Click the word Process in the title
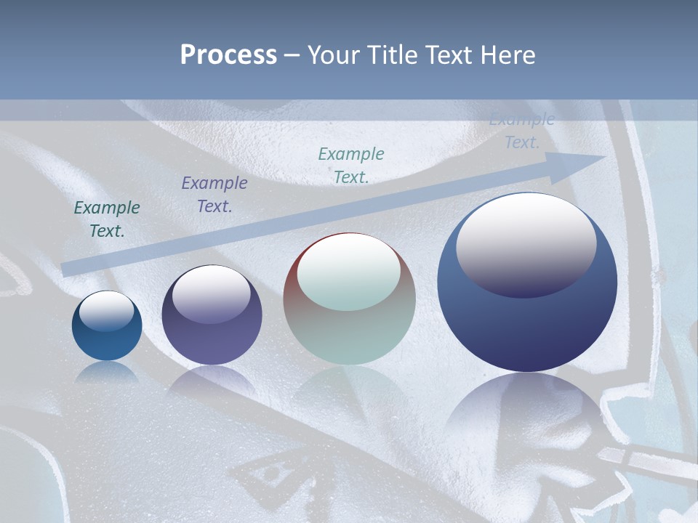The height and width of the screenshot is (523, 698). click(228, 55)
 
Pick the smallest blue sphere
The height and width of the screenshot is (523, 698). click(107, 326)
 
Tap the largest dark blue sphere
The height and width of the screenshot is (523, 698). click(527, 327)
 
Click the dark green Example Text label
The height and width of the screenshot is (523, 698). click(107, 219)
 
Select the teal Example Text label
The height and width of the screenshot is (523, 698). click(351, 165)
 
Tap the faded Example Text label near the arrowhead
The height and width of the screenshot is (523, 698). click(522, 131)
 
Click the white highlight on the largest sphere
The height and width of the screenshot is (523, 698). click(526, 243)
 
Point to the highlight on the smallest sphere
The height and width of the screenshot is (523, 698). click(106, 310)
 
